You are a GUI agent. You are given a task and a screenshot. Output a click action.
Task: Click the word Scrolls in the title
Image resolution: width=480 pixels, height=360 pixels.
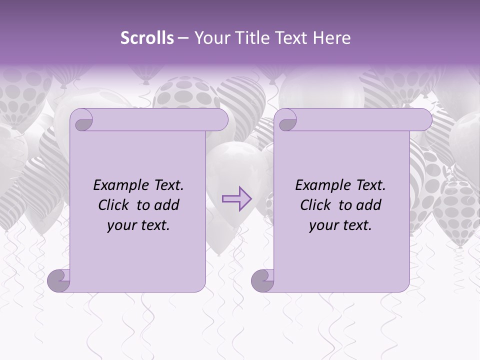(x=147, y=38)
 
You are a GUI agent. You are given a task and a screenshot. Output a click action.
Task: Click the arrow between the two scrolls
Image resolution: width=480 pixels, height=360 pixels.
(x=237, y=198)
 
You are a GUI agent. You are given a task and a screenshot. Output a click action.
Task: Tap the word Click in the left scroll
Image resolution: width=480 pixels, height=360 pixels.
(x=113, y=205)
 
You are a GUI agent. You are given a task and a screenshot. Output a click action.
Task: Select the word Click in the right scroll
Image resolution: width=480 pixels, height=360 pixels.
(x=315, y=205)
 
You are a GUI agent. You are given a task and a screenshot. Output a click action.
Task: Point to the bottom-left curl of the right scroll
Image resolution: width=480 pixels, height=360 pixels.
(x=263, y=280)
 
